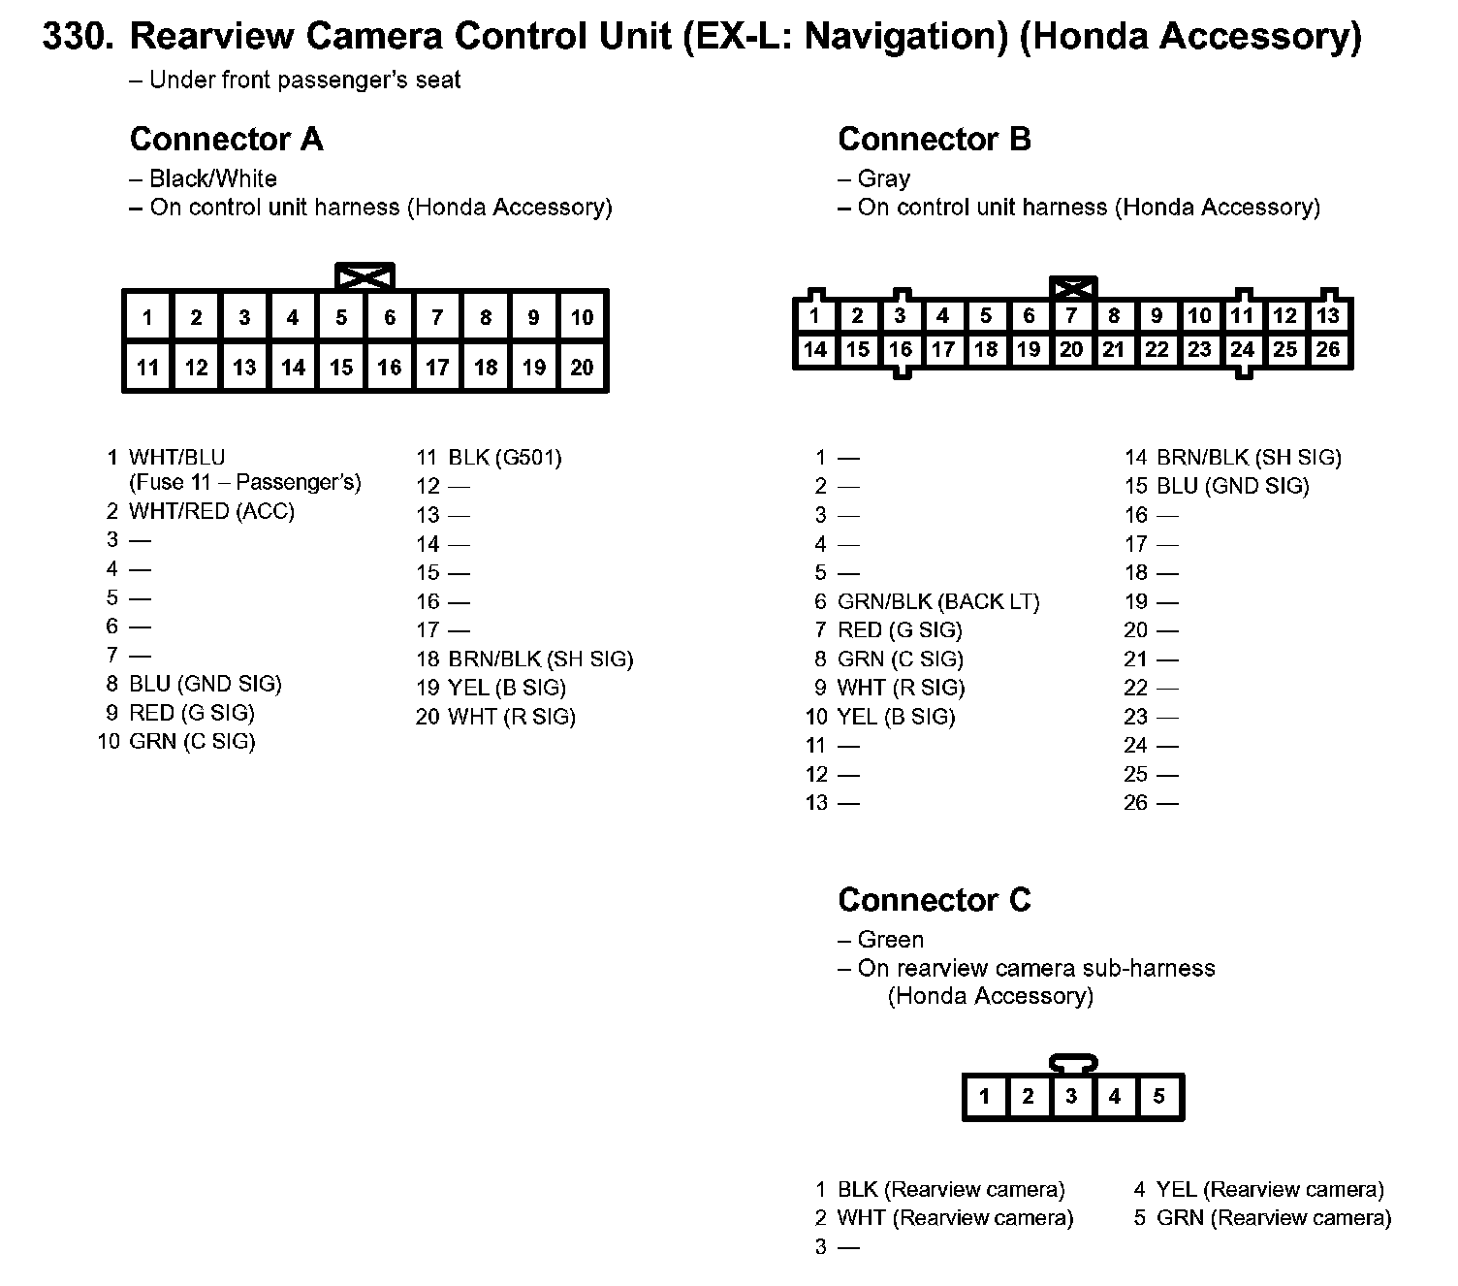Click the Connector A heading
coord(226,140)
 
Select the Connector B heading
coord(934,140)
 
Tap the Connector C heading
coord(934,900)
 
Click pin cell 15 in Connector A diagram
coord(341,368)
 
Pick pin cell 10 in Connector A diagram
coord(582,317)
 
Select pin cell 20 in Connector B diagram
coord(1071,349)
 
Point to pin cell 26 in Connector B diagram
coord(1327,349)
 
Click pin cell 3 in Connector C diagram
coord(1071,1097)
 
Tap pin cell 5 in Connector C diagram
coord(1158,1097)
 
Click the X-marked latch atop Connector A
coord(364,277)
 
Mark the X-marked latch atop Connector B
coord(1072,288)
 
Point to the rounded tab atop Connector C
coord(1072,1063)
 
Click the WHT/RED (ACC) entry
coord(211,511)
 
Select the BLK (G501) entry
coord(504,458)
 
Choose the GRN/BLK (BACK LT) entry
coord(937,602)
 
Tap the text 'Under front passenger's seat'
coord(304,80)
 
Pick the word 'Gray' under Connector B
coord(883,179)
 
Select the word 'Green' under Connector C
coord(890,940)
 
